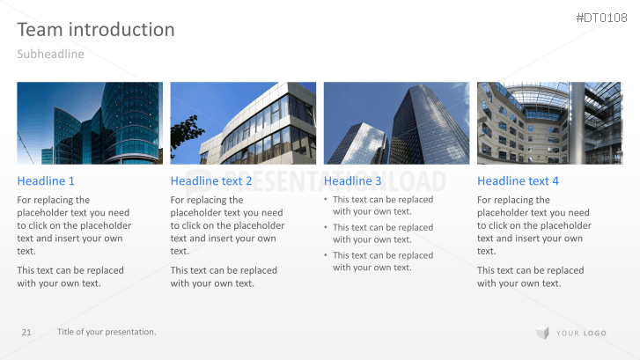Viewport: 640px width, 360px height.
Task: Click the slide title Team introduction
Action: click(x=96, y=30)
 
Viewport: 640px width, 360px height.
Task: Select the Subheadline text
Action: click(x=50, y=55)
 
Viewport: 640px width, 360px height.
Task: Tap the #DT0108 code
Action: click(x=603, y=18)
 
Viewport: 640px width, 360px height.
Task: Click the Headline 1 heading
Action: click(x=46, y=181)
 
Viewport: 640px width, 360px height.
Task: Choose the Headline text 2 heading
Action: click(x=211, y=181)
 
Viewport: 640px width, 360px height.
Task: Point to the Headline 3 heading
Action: click(x=353, y=181)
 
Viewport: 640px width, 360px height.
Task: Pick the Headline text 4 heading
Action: click(x=518, y=181)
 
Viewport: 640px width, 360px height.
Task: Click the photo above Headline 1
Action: click(x=90, y=123)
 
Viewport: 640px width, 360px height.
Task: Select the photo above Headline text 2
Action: click(x=243, y=123)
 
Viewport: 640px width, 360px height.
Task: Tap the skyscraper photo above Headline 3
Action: click(x=396, y=123)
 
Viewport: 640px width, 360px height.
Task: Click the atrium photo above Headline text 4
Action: click(x=549, y=123)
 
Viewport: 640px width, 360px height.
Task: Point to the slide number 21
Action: click(x=26, y=332)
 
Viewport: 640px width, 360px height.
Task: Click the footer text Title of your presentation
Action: click(x=107, y=332)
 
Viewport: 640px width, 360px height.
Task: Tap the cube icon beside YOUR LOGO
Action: click(x=541, y=333)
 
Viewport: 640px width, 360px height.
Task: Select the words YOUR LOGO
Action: click(x=582, y=333)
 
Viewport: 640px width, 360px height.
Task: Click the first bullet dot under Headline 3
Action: click(x=327, y=200)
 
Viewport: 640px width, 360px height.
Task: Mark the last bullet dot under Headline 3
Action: click(x=327, y=256)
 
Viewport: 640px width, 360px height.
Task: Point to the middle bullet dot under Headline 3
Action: click(x=327, y=228)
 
